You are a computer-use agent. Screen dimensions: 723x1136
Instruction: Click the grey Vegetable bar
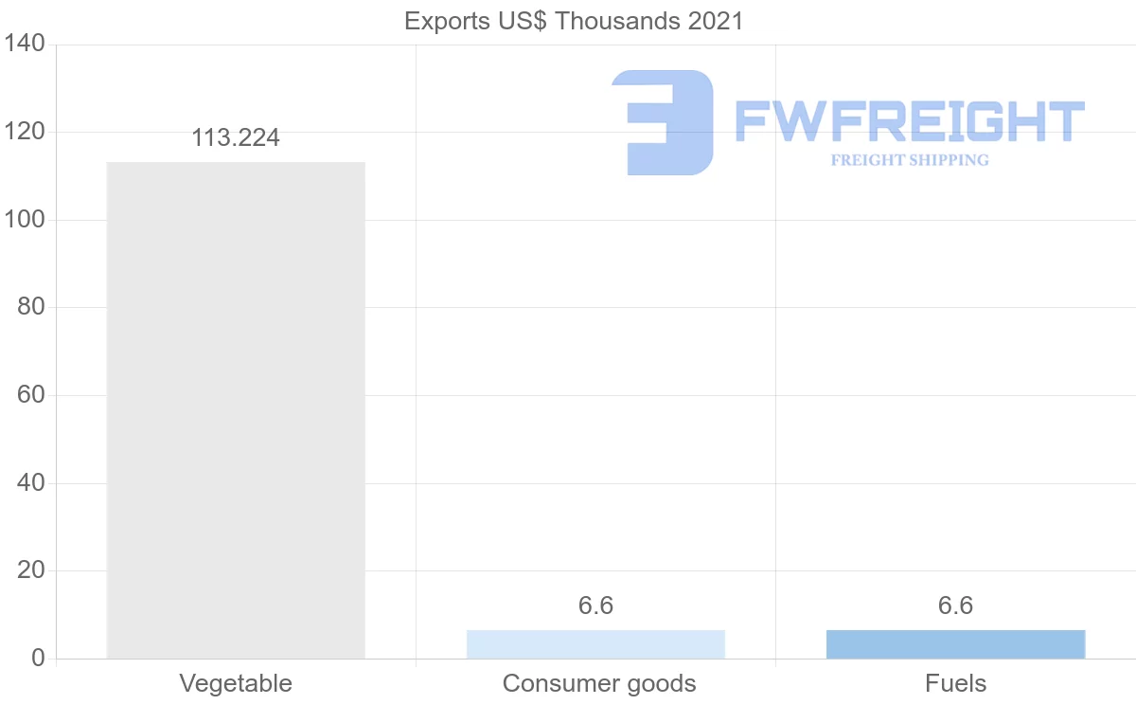tap(236, 409)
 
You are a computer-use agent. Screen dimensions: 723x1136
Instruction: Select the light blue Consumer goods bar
tap(595, 644)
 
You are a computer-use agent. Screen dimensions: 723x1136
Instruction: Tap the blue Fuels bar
tap(955, 644)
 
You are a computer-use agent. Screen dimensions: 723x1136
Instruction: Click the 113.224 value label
tap(236, 138)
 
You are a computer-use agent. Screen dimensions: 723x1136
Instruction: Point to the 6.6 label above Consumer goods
tap(595, 606)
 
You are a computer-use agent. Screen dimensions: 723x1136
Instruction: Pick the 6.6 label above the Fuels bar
tap(955, 606)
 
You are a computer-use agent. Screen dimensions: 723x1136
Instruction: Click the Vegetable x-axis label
tap(236, 683)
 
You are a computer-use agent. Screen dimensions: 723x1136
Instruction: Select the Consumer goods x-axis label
tap(599, 683)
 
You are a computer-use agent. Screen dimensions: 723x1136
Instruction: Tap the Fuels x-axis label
tap(955, 683)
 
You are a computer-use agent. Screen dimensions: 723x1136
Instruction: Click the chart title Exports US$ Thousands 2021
tap(574, 21)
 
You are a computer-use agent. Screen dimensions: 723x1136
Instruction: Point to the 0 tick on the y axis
tap(38, 659)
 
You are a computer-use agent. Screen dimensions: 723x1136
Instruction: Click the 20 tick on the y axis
tap(31, 570)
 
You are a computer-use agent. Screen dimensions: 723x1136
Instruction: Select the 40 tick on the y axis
tap(31, 483)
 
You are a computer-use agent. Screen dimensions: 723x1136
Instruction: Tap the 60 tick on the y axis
tap(31, 395)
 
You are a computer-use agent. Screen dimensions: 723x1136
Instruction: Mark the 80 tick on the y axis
tap(31, 307)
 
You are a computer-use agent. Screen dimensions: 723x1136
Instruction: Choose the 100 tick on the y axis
tap(25, 220)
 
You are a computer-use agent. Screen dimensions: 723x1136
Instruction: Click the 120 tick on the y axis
tap(25, 132)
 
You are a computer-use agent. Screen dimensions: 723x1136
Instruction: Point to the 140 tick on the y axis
tap(25, 45)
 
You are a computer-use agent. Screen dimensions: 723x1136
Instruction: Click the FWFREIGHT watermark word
tap(910, 121)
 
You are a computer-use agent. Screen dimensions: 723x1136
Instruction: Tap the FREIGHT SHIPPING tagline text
tap(910, 160)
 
